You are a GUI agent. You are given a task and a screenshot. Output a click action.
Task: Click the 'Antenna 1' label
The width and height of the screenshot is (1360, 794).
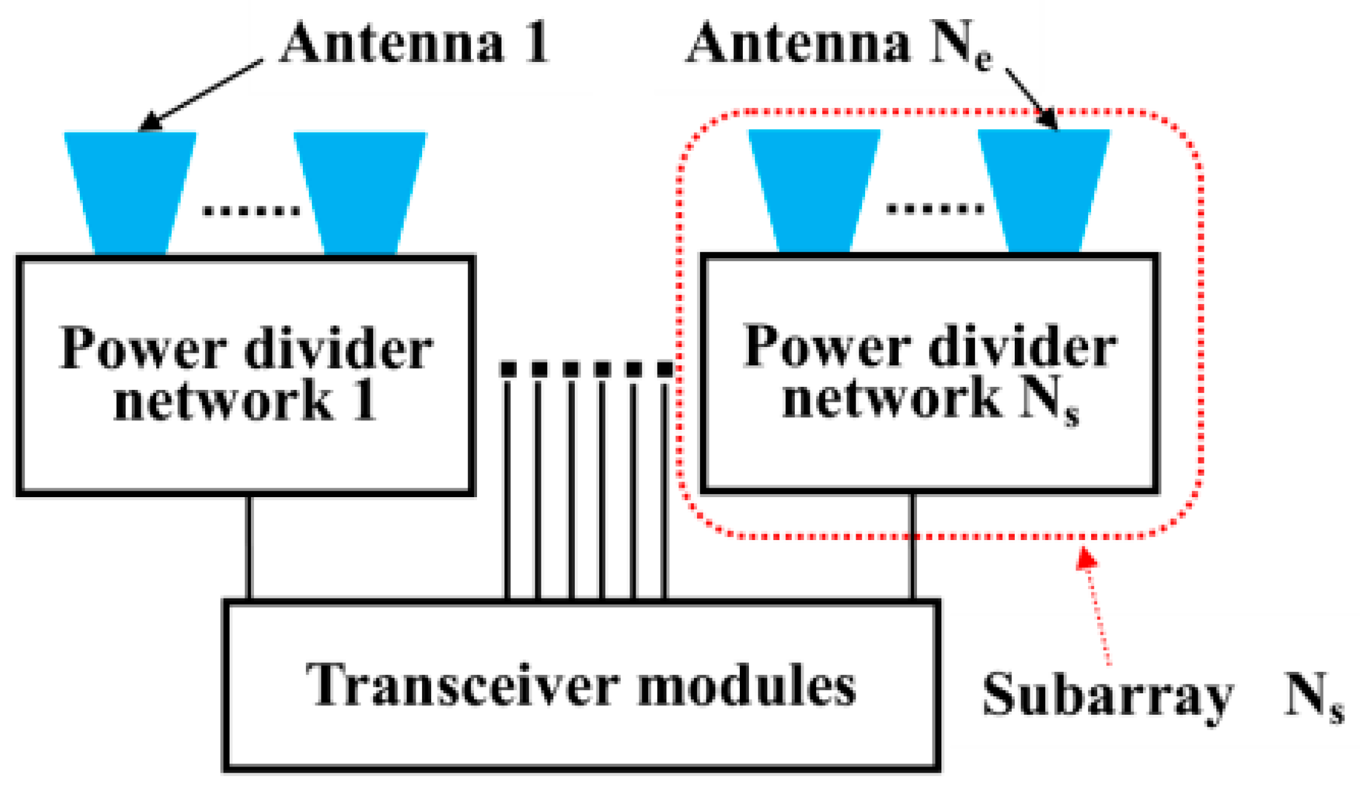(414, 43)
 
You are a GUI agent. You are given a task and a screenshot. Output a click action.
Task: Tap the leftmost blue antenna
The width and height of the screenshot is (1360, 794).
(130, 191)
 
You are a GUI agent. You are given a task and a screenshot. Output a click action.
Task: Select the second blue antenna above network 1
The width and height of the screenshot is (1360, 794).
(360, 191)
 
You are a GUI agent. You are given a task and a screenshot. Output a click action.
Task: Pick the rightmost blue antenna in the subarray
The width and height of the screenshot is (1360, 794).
(1043, 190)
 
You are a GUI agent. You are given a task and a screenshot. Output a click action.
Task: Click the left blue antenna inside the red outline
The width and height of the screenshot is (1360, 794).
(814, 190)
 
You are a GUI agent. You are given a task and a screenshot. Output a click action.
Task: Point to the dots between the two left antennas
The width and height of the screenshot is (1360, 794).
(251, 210)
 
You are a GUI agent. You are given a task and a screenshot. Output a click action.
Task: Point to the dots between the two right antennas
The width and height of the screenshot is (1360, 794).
(935, 209)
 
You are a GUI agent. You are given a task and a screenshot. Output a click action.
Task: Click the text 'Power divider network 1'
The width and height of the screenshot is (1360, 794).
(246, 374)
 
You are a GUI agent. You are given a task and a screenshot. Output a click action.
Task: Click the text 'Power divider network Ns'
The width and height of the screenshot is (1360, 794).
(930, 373)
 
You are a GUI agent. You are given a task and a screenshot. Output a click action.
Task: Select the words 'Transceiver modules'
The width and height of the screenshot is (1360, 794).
(581, 686)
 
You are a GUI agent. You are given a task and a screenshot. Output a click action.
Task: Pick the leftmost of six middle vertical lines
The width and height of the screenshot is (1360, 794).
(507, 489)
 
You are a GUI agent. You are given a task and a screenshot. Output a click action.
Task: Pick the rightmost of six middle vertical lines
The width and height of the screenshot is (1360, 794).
(664, 489)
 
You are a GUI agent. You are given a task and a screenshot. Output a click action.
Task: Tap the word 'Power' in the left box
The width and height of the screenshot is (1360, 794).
(143, 349)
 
